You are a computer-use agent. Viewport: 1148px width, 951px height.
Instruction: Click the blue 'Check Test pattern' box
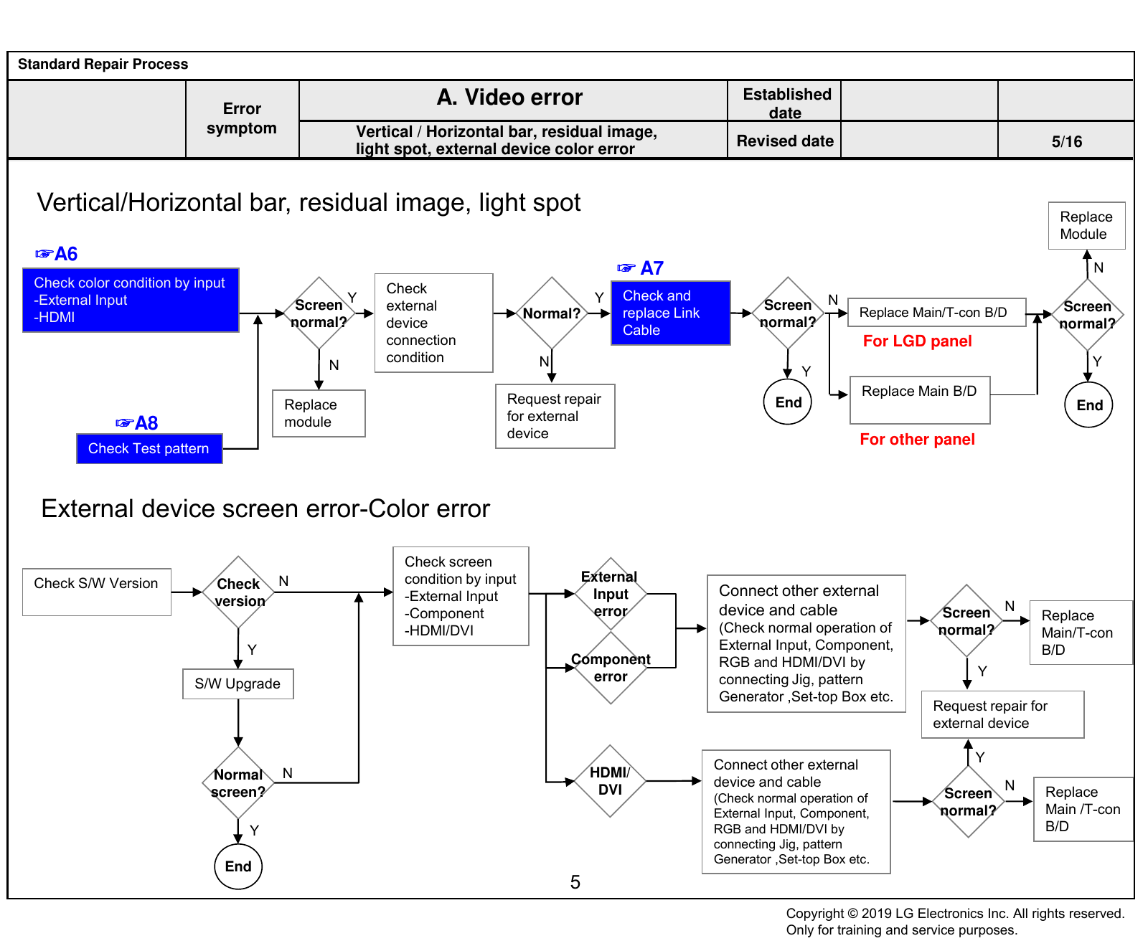[149, 448]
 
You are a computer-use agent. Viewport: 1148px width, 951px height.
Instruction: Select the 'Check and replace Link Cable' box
[670, 313]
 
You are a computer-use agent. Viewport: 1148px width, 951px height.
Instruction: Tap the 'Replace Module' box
[1086, 225]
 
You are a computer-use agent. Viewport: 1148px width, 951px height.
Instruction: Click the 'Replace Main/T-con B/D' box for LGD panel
[936, 313]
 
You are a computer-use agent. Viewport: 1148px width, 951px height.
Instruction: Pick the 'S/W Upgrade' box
[238, 683]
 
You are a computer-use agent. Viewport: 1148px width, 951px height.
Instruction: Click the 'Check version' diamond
[238, 592]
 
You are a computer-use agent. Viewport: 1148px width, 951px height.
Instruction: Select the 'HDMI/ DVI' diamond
[610, 781]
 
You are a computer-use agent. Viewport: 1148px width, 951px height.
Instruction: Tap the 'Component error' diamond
[611, 668]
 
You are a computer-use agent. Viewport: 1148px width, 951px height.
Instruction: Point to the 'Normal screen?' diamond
[238, 783]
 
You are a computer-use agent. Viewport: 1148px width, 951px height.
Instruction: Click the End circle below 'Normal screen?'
[238, 866]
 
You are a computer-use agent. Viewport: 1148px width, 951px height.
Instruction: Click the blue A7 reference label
[641, 268]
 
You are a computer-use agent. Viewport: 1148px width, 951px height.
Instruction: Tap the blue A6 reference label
[57, 254]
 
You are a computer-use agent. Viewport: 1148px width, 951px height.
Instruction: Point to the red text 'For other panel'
[917, 439]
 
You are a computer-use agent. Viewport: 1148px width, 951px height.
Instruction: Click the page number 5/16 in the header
[1067, 141]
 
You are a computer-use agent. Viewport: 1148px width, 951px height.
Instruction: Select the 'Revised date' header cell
[785, 141]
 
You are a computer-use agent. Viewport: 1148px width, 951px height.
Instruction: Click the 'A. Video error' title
[509, 97]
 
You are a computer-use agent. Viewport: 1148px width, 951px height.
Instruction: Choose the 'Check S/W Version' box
[97, 592]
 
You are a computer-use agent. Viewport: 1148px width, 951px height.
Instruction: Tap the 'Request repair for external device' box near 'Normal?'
[555, 416]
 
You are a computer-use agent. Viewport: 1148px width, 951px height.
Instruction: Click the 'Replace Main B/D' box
[920, 399]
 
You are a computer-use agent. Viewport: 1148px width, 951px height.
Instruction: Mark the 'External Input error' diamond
[611, 594]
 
